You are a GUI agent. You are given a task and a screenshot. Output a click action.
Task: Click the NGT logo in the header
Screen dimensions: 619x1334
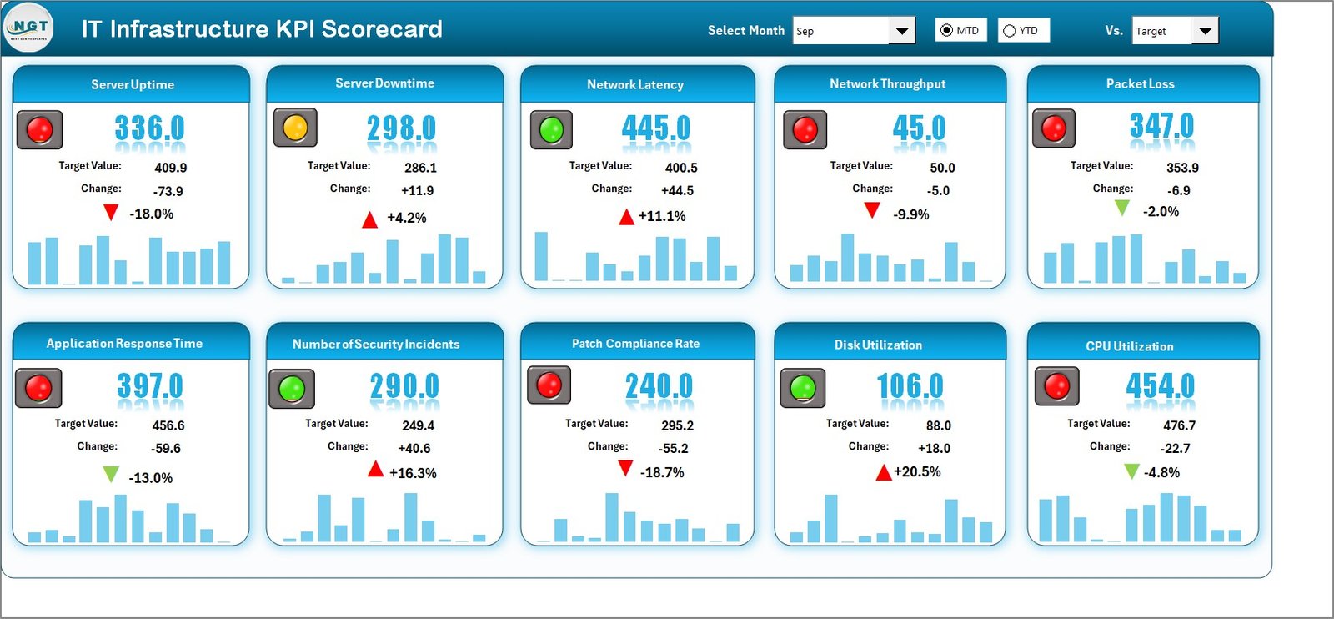29,28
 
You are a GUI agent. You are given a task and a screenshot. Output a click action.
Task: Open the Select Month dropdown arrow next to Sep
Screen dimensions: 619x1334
901,31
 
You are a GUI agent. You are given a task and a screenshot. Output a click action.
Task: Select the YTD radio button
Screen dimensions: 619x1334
1010,31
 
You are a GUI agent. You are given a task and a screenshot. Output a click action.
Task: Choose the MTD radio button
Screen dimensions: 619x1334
946,31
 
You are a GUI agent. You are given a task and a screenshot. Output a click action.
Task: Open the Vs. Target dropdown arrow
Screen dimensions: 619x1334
1205,31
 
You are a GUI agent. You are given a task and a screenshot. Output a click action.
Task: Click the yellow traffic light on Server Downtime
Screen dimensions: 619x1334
295,128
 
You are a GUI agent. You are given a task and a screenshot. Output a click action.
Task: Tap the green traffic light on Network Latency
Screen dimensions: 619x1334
551,129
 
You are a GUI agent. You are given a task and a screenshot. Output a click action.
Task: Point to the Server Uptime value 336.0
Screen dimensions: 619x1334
149,128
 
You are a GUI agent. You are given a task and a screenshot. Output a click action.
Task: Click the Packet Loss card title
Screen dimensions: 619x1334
1140,84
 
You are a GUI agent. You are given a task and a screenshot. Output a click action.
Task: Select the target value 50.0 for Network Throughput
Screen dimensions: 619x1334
942,168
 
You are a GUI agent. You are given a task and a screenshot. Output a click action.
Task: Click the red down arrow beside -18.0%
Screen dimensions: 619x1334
110,213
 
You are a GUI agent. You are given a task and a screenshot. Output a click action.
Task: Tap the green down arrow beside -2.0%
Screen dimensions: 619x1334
1122,208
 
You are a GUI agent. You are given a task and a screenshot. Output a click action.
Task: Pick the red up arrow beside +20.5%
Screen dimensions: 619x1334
884,473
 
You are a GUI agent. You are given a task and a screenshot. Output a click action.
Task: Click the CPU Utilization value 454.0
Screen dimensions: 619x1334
1160,385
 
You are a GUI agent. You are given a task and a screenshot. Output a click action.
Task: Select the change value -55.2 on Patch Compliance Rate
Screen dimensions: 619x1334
673,448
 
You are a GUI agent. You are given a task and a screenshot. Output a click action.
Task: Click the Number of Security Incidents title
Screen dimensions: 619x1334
376,344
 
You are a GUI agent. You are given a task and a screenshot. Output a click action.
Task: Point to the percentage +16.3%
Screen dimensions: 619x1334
413,473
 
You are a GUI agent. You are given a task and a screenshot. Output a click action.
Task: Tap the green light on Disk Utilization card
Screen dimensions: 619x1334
802,387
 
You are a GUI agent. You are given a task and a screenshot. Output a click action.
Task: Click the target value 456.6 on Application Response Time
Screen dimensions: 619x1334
168,425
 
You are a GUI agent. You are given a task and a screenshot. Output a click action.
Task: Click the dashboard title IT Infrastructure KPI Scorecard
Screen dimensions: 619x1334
262,29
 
